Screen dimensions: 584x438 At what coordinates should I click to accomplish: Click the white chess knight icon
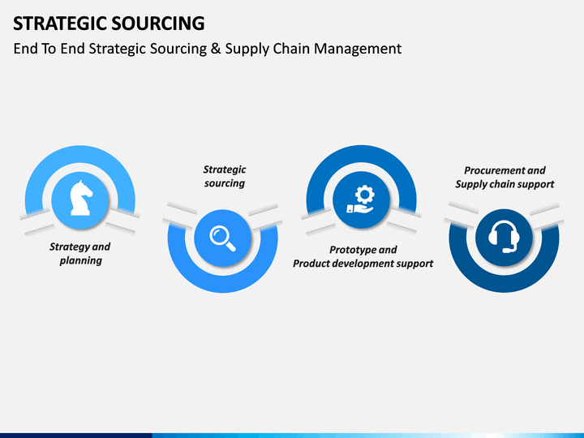point(81,198)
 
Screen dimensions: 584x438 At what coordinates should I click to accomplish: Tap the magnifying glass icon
point(223,238)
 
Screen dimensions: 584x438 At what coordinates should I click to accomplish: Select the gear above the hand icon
point(365,195)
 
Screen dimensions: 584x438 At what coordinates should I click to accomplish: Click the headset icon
point(504,237)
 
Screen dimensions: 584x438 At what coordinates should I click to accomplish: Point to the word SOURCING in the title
point(158,23)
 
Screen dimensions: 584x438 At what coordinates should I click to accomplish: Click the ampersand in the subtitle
point(216,49)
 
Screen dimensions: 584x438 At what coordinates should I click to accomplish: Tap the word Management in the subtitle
point(358,49)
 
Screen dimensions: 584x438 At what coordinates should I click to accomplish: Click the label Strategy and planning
point(80,254)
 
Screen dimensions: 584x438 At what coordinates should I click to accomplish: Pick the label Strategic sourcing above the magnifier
point(225,176)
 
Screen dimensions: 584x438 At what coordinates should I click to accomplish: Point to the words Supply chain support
point(505,184)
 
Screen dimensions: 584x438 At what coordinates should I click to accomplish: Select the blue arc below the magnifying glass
point(223,284)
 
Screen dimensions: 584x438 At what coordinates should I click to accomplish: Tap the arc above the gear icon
point(361,154)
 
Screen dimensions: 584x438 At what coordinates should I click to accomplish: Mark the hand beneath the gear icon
point(360,208)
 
